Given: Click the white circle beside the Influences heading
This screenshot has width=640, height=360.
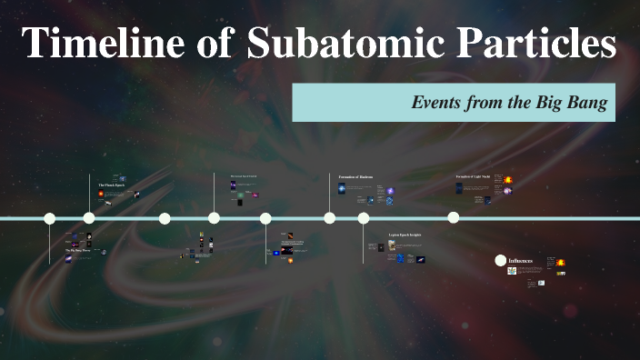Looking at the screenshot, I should (500, 261).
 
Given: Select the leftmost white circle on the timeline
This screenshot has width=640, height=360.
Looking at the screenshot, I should (50, 218).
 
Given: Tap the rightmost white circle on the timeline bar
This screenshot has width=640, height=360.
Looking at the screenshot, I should (453, 217).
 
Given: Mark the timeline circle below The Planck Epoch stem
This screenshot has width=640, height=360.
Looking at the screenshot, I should (89, 218).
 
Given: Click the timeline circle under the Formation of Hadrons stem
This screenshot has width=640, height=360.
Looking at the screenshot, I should (329, 218).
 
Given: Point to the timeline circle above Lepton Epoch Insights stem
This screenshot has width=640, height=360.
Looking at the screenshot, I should (364, 218).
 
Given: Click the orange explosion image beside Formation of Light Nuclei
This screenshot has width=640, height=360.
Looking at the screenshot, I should (508, 180).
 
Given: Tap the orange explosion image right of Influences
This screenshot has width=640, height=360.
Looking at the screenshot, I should (561, 263).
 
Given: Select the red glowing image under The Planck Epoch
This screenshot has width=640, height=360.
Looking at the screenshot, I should (100, 195).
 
